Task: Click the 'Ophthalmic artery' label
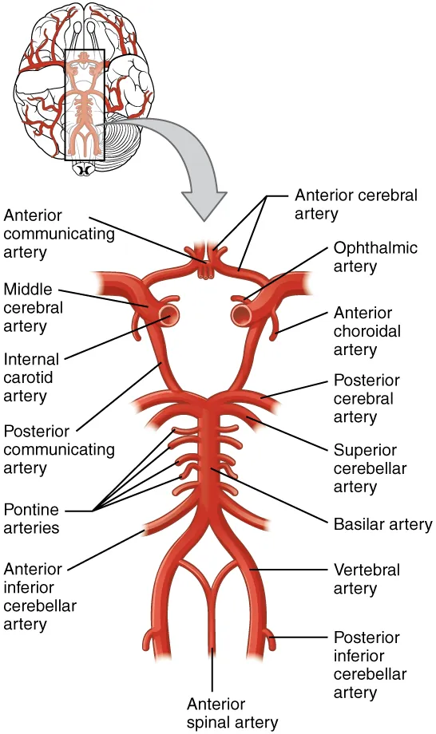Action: tap(375, 256)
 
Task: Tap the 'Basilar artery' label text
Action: tap(382, 524)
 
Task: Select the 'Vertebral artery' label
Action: tap(366, 579)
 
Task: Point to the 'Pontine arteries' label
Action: tap(34, 518)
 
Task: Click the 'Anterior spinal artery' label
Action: tap(232, 713)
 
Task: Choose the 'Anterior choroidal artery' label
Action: tap(367, 331)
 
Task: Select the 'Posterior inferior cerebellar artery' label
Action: tap(370, 665)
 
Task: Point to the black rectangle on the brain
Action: tap(84, 104)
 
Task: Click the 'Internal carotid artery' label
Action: tap(32, 377)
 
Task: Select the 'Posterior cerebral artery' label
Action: tap(366, 398)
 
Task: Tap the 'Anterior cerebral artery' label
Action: tap(355, 204)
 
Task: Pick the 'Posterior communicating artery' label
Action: tap(58, 449)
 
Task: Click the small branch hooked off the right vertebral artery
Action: tap(270, 638)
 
